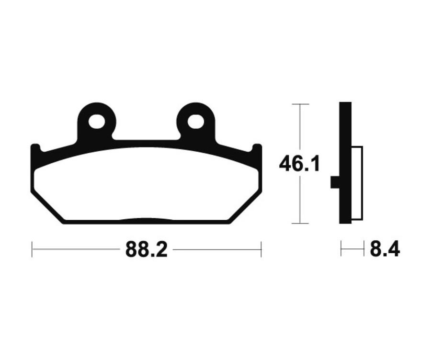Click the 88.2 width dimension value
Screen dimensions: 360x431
tap(146, 249)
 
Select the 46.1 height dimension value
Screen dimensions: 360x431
tap(299, 164)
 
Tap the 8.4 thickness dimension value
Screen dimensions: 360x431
tap(385, 249)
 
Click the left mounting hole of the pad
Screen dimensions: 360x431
tap(96, 122)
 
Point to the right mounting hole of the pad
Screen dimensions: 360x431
tap(195, 122)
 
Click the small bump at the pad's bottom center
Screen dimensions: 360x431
tap(146, 220)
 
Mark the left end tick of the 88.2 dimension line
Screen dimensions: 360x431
tap(32, 249)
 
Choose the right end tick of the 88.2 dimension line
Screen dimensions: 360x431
tap(261, 249)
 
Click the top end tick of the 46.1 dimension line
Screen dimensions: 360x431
tap(300, 104)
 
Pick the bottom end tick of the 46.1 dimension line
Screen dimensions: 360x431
tap(300, 223)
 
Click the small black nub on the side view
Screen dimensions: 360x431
tap(335, 182)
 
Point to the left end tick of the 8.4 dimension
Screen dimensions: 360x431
tap(341, 249)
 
